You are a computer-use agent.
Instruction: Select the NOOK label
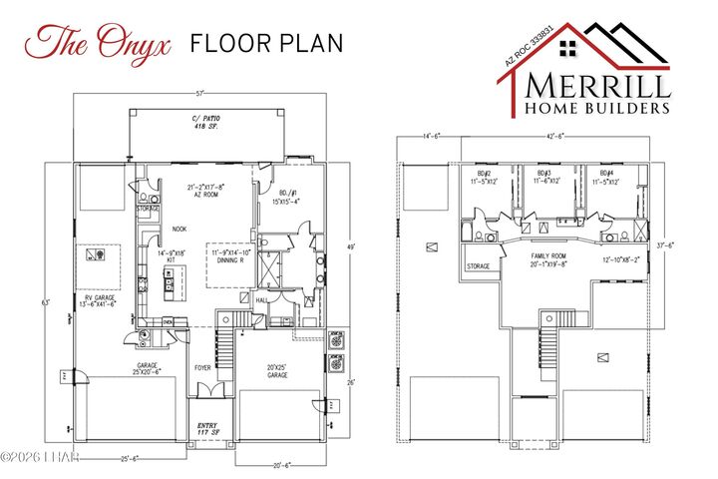tap(179, 229)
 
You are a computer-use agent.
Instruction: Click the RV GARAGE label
tap(101, 297)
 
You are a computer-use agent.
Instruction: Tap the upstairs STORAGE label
tap(478, 266)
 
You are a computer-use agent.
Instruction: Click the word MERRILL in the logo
tap(599, 83)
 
